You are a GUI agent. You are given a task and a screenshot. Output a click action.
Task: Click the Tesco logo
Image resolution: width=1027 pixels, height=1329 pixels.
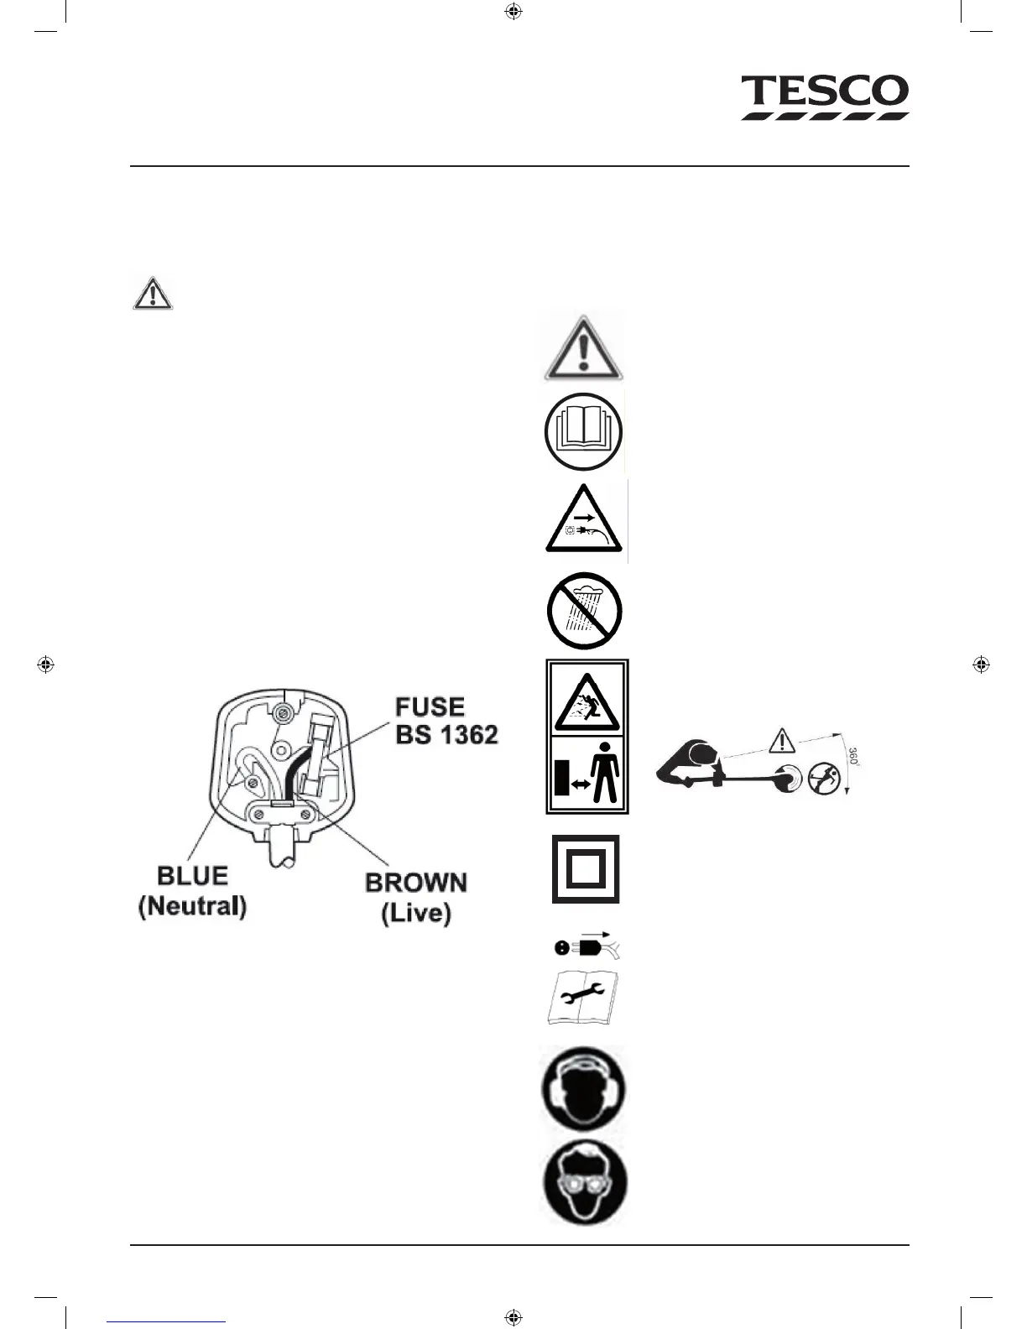click(x=824, y=97)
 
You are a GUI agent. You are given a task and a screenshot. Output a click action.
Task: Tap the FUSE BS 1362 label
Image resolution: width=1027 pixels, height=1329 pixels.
click(x=446, y=721)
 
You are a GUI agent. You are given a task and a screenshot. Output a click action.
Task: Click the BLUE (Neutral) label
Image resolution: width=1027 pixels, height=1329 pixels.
click(x=192, y=890)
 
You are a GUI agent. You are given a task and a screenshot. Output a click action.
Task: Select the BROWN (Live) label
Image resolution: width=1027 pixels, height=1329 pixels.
click(x=416, y=897)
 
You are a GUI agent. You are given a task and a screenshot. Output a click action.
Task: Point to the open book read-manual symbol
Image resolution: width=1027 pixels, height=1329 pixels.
click(x=583, y=432)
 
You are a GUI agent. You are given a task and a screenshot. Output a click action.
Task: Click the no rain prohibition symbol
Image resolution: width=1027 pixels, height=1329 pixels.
click(x=583, y=611)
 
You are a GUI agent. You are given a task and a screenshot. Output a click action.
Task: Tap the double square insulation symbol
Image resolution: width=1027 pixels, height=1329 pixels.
click(x=586, y=869)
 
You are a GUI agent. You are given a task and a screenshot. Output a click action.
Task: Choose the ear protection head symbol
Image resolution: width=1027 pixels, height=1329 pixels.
click(x=584, y=1088)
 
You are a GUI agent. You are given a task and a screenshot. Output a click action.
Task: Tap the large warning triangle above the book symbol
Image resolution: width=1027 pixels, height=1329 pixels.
click(x=583, y=347)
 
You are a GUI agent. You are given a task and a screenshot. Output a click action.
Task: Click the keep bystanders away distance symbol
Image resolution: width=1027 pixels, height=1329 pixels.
click(x=587, y=775)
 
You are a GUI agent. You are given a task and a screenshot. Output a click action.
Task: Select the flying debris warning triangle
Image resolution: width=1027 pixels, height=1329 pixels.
click(x=587, y=698)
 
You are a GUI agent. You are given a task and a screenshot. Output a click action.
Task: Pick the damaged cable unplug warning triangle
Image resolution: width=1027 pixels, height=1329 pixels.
click(x=584, y=522)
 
